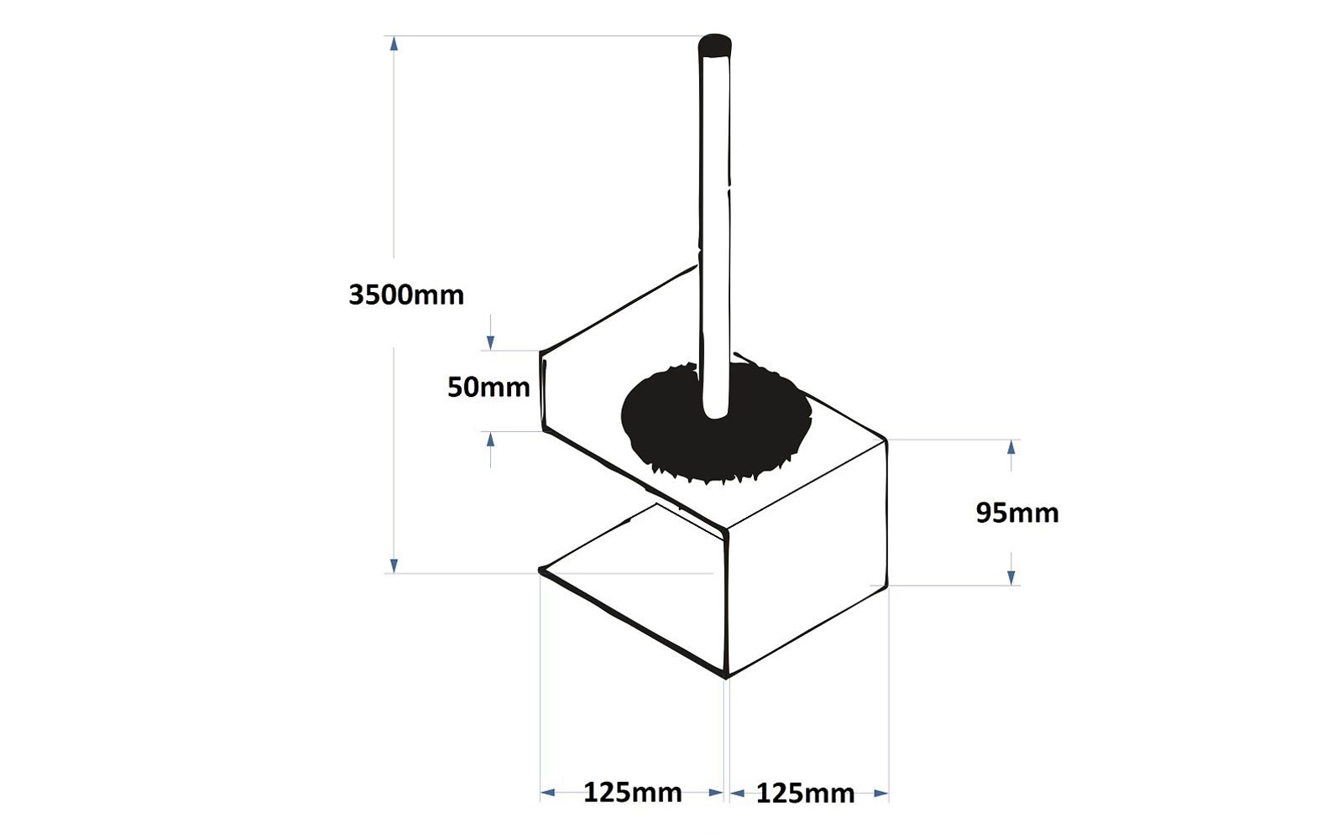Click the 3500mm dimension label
[406, 294]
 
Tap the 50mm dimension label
[489, 388]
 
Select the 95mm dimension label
[1017, 513]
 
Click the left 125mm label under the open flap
[633, 792]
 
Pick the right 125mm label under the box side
[805, 794]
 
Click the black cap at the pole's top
[714, 45]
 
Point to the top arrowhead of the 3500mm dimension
[394, 43]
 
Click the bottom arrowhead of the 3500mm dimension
[394, 565]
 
